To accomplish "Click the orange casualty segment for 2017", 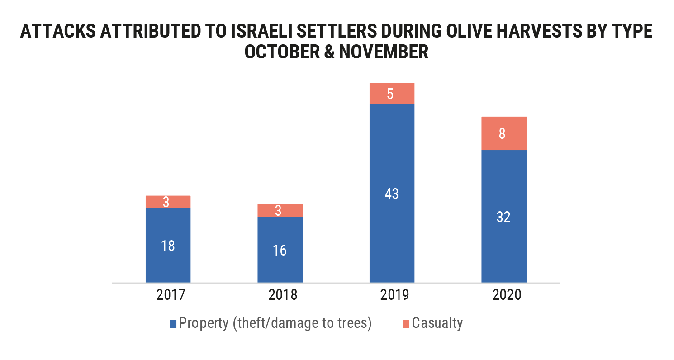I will (168, 202).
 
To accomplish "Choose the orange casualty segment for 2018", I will (280, 210).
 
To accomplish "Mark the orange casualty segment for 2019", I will (392, 94).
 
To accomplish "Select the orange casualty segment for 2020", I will (503, 133).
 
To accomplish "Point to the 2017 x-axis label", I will (168, 295).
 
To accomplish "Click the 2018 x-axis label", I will (280, 295).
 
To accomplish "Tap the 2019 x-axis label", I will (392, 295).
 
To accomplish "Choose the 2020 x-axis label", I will (503, 295).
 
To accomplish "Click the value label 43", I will (392, 194).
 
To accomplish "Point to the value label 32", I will (503, 217).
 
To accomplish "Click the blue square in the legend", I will (173, 324).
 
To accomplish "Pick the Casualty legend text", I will (437, 323).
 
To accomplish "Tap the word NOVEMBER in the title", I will (384, 52).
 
